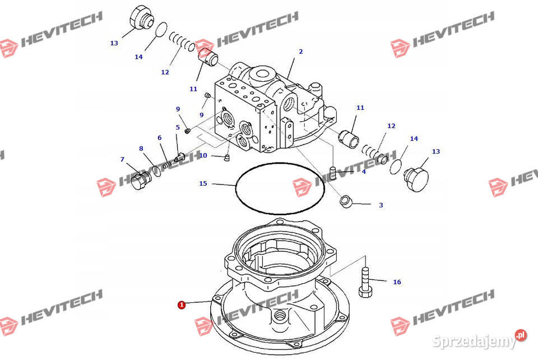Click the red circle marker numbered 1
181,305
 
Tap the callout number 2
300,52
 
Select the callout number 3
381,205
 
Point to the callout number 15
203,183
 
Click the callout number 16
397,282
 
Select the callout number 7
122,159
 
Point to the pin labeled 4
333,171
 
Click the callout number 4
364,172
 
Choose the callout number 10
203,155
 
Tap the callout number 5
178,127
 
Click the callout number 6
159,138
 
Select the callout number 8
141,149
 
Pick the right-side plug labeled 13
416,175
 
